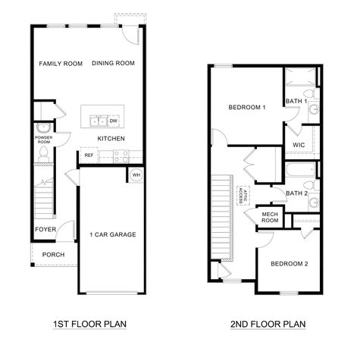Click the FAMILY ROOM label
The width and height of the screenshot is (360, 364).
(61, 64)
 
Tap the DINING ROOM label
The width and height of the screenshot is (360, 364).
(114, 64)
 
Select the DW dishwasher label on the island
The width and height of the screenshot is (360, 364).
(113, 121)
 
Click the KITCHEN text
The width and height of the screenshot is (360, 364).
(111, 138)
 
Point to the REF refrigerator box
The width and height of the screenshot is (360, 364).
(89, 155)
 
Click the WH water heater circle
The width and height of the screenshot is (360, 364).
(136, 175)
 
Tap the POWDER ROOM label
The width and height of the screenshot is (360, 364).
(43, 140)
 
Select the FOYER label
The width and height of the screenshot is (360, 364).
(45, 228)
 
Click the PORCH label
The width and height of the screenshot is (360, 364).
(53, 255)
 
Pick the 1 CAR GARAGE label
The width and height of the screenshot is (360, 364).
(112, 235)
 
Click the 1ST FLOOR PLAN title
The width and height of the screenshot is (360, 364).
(89, 325)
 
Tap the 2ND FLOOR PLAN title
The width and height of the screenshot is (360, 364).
(268, 325)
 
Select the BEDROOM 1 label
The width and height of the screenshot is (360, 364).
(247, 108)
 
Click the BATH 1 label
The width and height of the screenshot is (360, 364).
(296, 101)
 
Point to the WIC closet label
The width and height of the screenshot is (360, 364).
(298, 144)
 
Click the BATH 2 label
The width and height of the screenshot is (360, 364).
(296, 193)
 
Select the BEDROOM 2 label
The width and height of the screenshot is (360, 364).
(290, 263)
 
